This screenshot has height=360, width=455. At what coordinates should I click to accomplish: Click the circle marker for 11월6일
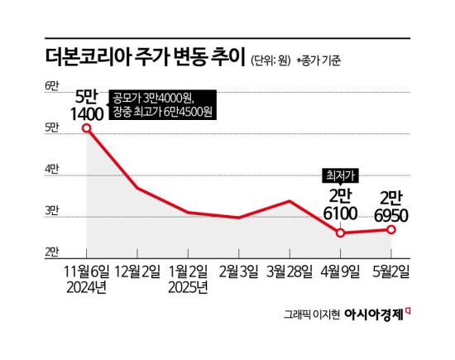(86, 128)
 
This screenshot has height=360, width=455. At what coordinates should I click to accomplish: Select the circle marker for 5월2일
(391, 229)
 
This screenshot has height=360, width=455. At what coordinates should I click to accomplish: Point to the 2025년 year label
(188, 287)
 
